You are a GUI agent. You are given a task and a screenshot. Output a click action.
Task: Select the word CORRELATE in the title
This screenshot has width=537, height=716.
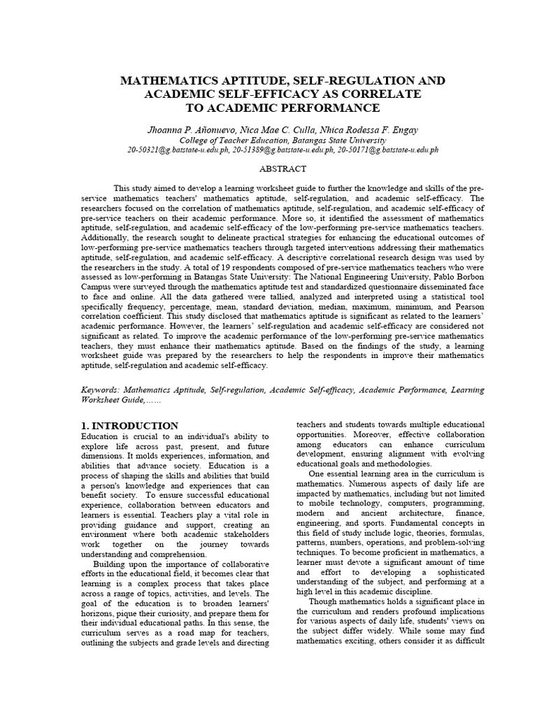(385, 94)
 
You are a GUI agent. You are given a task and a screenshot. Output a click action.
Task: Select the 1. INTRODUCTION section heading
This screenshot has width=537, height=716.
(130, 425)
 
